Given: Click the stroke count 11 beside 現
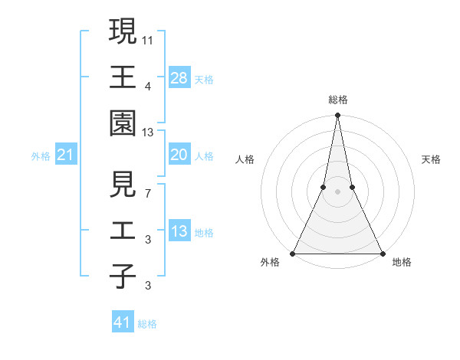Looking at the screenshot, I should point(148,38).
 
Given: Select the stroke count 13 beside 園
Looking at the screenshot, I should point(148,133).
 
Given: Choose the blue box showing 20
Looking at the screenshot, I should point(179,155).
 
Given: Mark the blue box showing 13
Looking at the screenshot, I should point(179,231).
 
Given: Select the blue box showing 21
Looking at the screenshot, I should point(65,155).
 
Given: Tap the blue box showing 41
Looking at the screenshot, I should point(123,322).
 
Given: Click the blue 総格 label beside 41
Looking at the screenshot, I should point(147,324).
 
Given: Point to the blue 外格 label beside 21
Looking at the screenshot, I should point(41,156).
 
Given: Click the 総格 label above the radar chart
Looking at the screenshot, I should point(337,100).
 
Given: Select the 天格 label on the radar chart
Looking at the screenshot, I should point(431,159).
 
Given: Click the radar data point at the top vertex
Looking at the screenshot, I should point(337,116).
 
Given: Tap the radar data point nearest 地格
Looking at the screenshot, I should point(382,253).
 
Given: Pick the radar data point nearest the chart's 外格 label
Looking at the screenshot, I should point(293,253).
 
